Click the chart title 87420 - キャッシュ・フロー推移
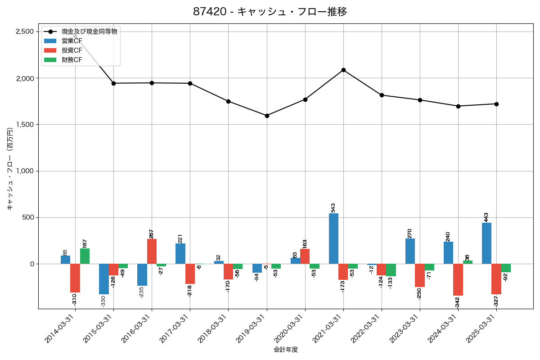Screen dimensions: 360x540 270,12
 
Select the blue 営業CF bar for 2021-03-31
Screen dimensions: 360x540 333,238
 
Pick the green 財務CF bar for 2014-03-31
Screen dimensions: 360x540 85,256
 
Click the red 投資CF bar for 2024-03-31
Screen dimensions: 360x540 458,279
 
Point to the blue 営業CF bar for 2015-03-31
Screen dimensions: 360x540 104,279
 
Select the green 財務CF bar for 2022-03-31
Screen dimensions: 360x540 391,270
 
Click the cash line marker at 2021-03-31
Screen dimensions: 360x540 343,70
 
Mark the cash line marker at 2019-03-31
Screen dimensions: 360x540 267,116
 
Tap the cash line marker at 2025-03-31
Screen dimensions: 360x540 496,104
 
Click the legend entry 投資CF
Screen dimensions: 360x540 72,50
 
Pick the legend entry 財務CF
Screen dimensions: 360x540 72,60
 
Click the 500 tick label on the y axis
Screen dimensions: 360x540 28,217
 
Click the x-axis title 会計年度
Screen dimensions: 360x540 286,350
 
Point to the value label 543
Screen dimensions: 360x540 333,207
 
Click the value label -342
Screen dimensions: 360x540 458,302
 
